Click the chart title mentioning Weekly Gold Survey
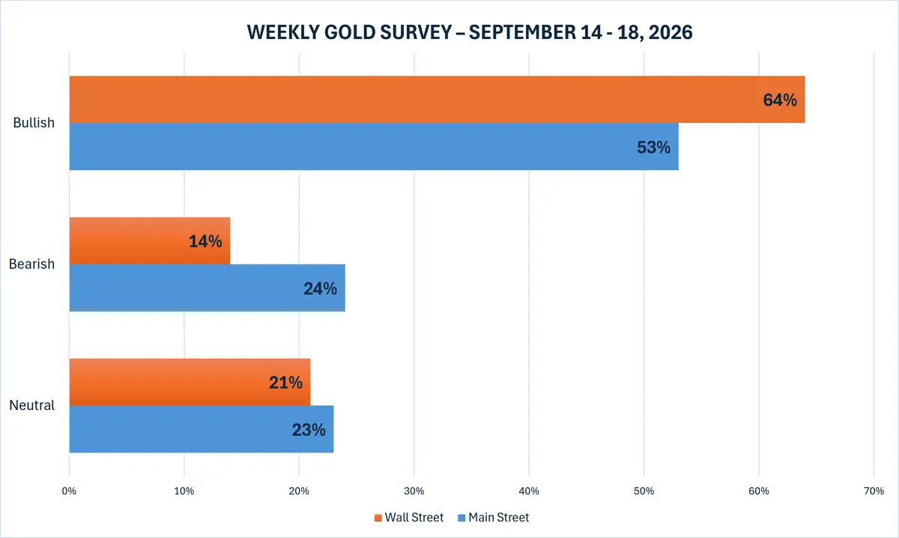(470, 32)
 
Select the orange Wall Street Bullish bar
(437, 99)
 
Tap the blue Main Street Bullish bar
(374, 147)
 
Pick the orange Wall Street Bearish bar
(150, 241)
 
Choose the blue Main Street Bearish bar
(207, 288)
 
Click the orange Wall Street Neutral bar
(190, 382)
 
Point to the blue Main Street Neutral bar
(202, 429)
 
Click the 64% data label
(780, 100)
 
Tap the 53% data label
(654, 148)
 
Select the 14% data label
(205, 241)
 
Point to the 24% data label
(321, 288)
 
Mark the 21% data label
(285, 383)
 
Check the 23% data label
(309, 430)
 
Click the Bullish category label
(34, 122)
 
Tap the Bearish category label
(31, 264)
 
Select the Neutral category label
(31, 405)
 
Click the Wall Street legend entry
(409, 518)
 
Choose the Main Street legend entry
(494, 518)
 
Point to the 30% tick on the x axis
(414, 491)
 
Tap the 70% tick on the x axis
(874, 491)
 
